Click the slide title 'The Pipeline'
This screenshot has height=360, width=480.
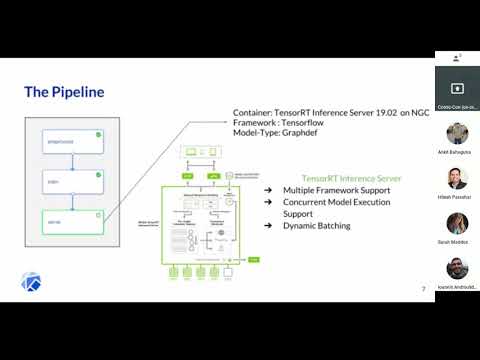tap(64, 93)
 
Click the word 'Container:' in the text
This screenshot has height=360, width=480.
tap(254, 113)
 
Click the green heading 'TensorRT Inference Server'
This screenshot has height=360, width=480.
tap(351, 178)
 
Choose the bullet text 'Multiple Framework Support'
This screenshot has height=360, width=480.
tap(338, 190)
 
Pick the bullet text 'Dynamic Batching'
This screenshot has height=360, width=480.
tap(317, 226)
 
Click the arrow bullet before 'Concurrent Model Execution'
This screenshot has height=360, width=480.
tap(268, 202)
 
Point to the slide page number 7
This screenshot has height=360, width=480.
tap(423, 289)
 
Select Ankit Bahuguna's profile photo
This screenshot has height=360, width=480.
tap(457, 133)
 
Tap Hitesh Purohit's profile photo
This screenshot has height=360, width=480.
tap(457, 178)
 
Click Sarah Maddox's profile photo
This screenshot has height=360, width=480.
tap(457, 223)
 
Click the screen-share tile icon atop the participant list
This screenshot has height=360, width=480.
tap(457, 87)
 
